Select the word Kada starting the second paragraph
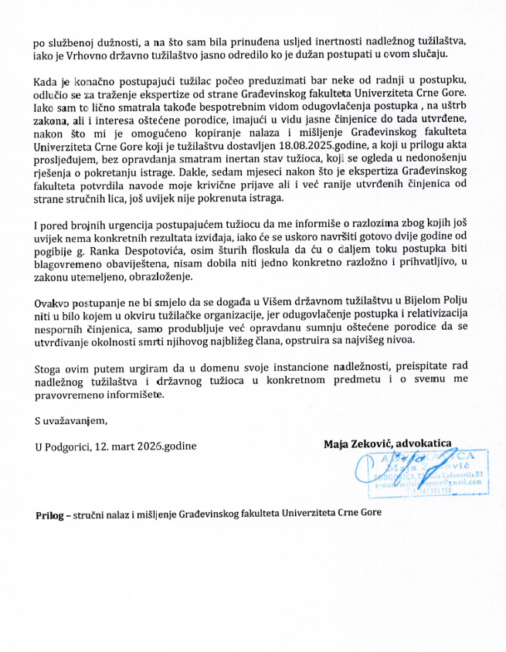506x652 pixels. [48, 82]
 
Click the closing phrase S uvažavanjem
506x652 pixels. [73, 421]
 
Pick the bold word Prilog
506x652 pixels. [52, 514]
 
